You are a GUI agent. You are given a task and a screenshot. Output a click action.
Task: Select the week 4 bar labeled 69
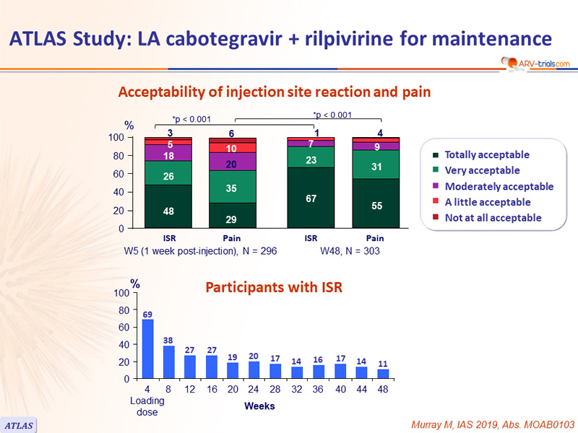pyautogui.click(x=148, y=349)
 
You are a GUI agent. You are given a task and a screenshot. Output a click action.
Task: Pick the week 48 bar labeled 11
pyautogui.click(x=384, y=374)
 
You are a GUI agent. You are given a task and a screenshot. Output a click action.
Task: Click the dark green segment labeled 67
pyautogui.click(x=311, y=198)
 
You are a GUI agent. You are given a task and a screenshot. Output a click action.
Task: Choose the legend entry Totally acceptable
pyautogui.click(x=486, y=154)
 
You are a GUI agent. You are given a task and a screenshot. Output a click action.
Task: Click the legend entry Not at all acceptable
pyautogui.click(x=492, y=218)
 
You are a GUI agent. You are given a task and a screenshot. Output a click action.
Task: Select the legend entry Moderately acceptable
pyautogui.click(x=499, y=186)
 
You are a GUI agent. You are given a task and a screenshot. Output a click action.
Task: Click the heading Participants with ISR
pyautogui.click(x=274, y=287)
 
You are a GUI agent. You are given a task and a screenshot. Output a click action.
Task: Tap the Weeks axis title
pyautogui.click(x=259, y=406)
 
